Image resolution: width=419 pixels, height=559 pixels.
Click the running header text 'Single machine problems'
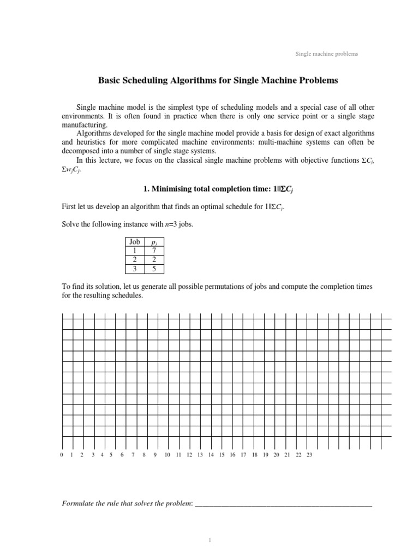pyautogui.click(x=326, y=54)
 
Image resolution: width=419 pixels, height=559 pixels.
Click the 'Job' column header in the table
pyautogui.click(x=134, y=242)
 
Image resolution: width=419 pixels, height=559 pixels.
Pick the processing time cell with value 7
pyautogui.click(x=154, y=251)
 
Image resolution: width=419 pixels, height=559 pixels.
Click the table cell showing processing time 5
pyautogui.click(x=154, y=269)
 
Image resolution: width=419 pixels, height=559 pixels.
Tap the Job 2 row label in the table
pyautogui.click(x=134, y=260)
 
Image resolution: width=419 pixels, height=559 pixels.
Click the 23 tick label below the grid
pyautogui.click(x=309, y=455)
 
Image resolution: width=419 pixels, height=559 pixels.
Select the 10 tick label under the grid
pyautogui.click(x=167, y=455)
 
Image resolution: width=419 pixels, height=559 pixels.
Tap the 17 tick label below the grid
pyautogui.click(x=243, y=455)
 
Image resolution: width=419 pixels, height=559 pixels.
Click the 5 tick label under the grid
pyautogui.click(x=111, y=455)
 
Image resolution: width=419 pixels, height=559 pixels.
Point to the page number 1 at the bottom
pyautogui.click(x=209, y=540)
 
